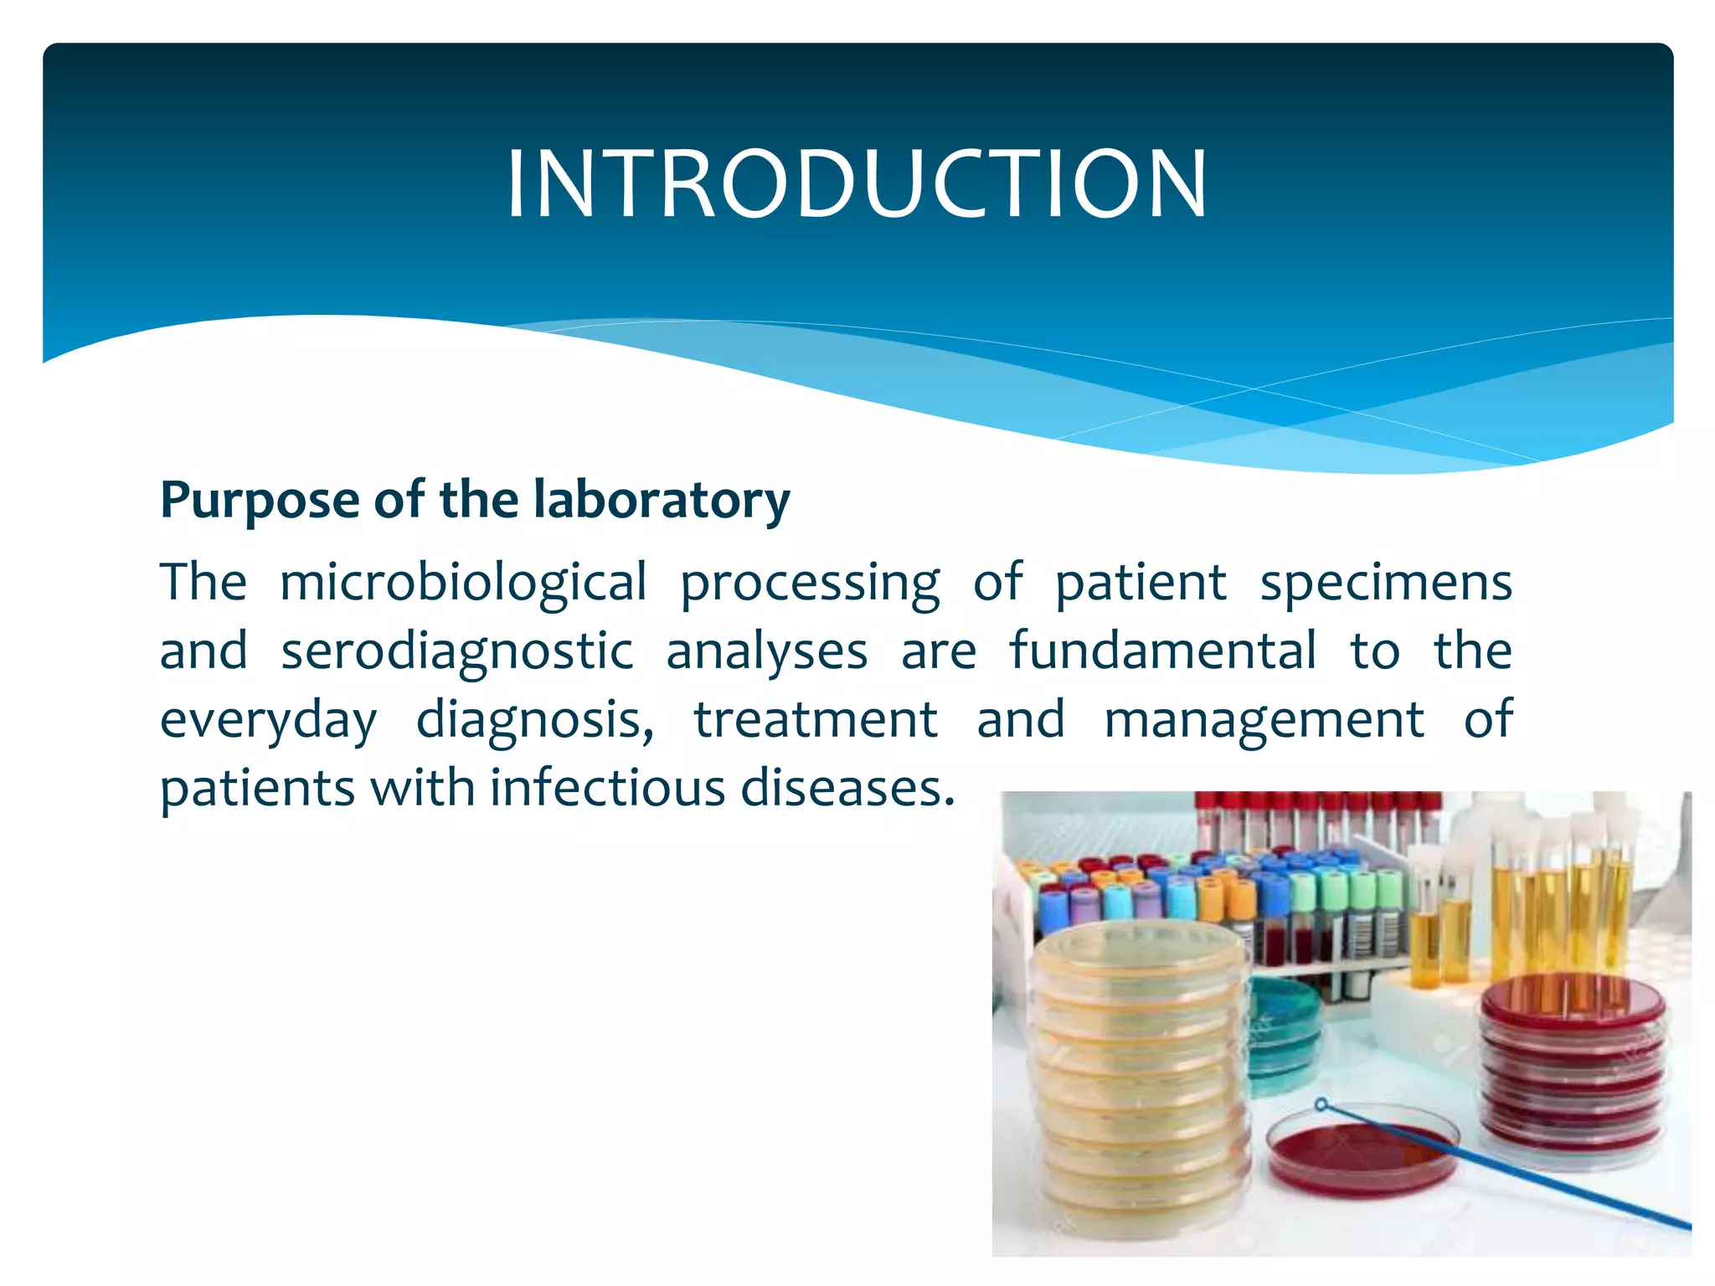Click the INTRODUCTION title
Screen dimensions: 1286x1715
pyautogui.click(x=856, y=184)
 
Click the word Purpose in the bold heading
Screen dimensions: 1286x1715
pyautogui.click(x=260, y=501)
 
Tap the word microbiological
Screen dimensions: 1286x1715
pyautogui.click(x=463, y=583)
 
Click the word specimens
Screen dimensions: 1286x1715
pyautogui.click(x=1386, y=583)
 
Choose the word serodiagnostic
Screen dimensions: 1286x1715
pyautogui.click(x=456, y=652)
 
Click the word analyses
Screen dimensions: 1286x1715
pyautogui.click(x=766, y=652)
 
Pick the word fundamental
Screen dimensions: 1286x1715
pyautogui.click(x=1162, y=651)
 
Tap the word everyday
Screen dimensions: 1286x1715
pyautogui.click(x=268, y=721)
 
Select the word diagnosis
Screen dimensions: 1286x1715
pyautogui.click(x=534, y=721)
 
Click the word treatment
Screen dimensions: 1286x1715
pyautogui.click(x=816, y=719)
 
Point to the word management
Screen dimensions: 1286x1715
pyautogui.click(x=1264, y=721)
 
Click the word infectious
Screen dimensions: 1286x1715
pyautogui.click(x=607, y=788)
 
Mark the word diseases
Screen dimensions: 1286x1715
pyautogui.click(x=847, y=788)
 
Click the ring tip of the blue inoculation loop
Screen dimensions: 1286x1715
pyautogui.click(x=1321, y=1105)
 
